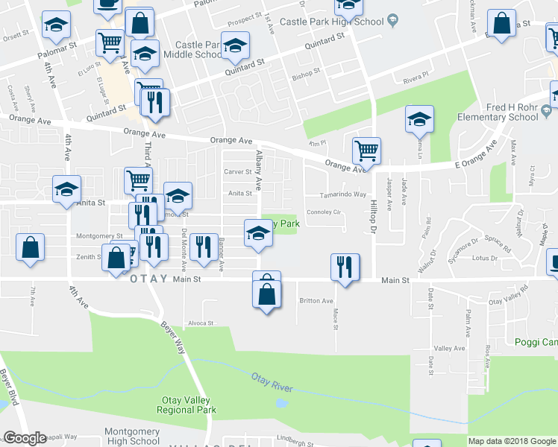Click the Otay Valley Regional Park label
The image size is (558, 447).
pyautogui.click(x=188, y=405)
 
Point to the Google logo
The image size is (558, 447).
pyautogui.click(x=25, y=438)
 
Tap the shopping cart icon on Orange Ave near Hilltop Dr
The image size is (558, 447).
pyautogui.click(x=366, y=150)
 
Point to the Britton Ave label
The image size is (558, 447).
pyautogui.click(x=316, y=301)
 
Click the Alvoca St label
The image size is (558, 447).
pyautogui.click(x=201, y=323)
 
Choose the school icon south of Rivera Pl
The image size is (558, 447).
pyautogui.click(x=419, y=118)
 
